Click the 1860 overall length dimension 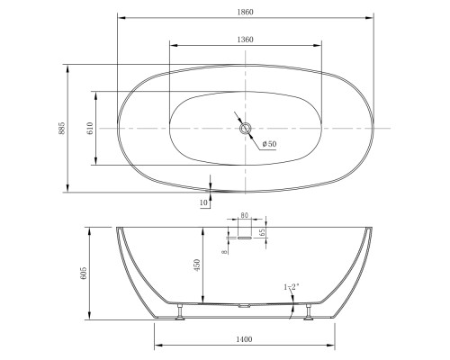click(246, 12)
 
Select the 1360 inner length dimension click(246, 40)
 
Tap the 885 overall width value click(61, 128)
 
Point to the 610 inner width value click(90, 128)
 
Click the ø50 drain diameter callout click(269, 144)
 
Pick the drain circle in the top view click(246, 129)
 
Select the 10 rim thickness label click(203, 202)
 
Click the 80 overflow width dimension click(245, 215)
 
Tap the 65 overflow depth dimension click(262, 232)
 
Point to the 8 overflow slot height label click(224, 252)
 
